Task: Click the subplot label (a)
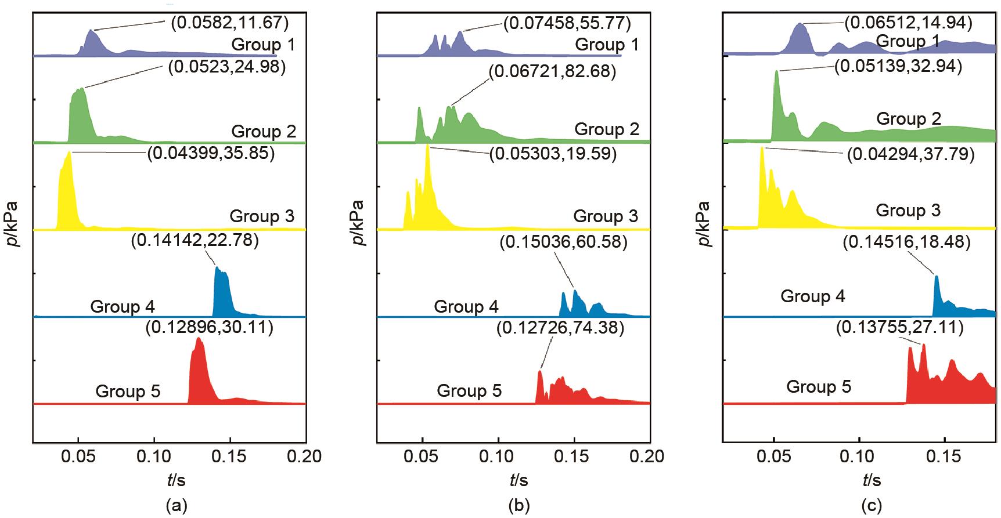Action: pyautogui.click(x=177, y=506)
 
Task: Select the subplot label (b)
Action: pyautogui.click(x=518, y=506)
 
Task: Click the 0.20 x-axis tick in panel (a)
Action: pyautogui.click(x=306, y=457)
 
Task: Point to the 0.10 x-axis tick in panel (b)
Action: pyautogui.click(x=498, y=457)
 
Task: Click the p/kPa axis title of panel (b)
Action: pyautogui.click(x=358, y=223)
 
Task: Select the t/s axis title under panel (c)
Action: pyautogui.click(x=872, y=481)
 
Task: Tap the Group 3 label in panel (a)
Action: pyautogui.click(x=262, y=216)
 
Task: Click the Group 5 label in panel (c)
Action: pyautogui.click(x=819, y=387)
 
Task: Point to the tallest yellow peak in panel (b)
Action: pyautogui.click(x=428, y=146)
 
